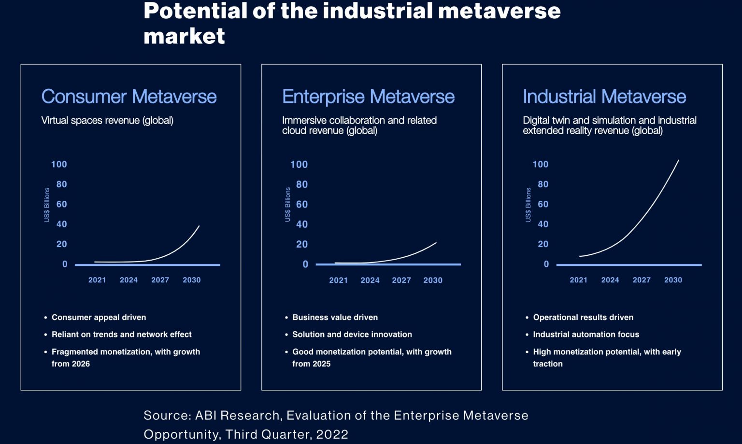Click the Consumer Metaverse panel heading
129,97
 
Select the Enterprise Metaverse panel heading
368,97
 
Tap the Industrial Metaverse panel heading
604,97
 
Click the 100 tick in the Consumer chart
59,165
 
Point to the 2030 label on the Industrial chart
673,280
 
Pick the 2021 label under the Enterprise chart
338,280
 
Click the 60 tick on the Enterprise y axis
302,204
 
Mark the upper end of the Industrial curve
678,161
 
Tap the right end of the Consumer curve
199,226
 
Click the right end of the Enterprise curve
436,243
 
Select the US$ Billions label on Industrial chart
528,205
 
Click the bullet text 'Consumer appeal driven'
99,317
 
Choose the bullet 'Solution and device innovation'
352,334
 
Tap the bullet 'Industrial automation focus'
586,334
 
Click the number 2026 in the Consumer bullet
81,364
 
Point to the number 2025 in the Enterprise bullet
321,364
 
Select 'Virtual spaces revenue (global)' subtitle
107,120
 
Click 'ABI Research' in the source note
237,416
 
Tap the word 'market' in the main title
184,36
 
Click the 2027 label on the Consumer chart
160,280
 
